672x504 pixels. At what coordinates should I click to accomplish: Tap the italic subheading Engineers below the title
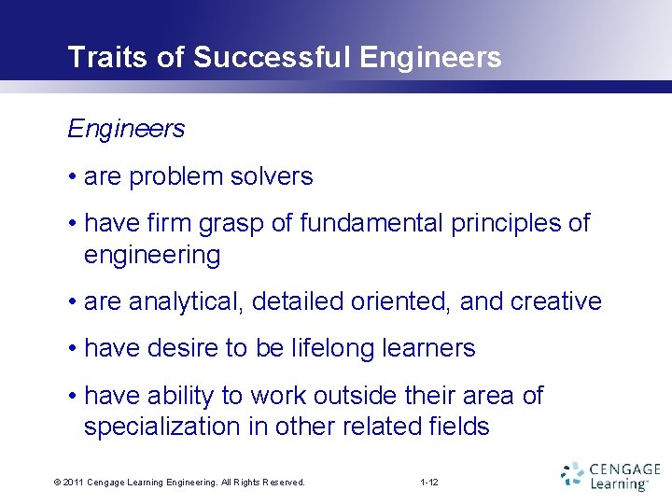[x=126, y=129]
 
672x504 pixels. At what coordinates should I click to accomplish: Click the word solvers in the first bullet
[x=275, y=175]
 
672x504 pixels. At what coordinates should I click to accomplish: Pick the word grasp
[x=245, y=224]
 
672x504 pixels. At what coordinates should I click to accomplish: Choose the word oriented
[x=404, y=302]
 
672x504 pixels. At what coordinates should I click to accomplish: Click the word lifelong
[x=331, y=349]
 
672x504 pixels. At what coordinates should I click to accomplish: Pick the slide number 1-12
[x=429, y=483]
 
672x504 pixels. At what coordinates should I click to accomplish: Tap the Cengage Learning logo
[x=610, y=475]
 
